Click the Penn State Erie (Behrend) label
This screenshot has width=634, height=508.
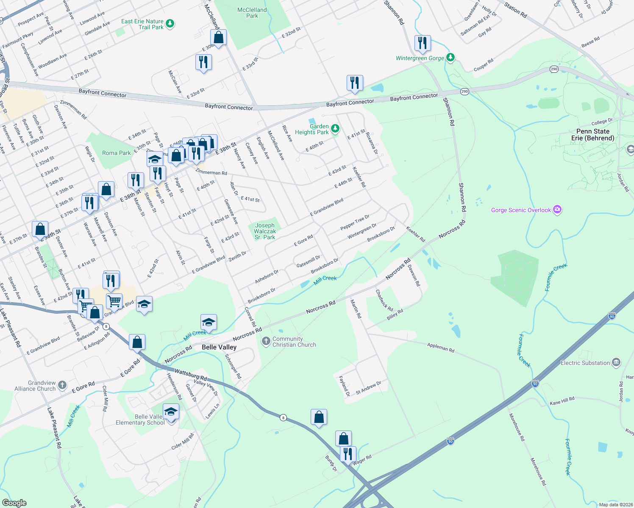click(592, 135)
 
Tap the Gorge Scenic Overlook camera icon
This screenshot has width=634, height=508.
click(557, 210)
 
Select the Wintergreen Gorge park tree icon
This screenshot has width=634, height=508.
click(450, 58)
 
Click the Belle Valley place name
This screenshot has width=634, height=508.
click(219, 347)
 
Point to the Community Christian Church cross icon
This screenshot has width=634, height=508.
click(266, 341)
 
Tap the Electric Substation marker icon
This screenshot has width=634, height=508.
click(616, 362)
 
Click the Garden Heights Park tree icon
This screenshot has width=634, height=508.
click(335, 129)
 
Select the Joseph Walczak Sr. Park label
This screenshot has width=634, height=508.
click(265, 231)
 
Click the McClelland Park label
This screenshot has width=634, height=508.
click(252, 13)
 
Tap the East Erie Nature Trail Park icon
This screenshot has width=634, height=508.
click(170, 23)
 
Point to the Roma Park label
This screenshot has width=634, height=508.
click(117, 153)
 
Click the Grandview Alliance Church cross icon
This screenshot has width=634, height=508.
click(62, 385)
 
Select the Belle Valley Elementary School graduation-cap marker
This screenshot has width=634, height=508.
click(171, 412)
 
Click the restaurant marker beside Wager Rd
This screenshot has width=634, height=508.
click(348, 454)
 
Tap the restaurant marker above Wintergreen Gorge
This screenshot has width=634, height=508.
click(423, 43)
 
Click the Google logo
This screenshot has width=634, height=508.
click(14, 502)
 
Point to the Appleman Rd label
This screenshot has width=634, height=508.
click(441, 348)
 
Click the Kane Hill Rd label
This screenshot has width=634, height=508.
click(562, 400)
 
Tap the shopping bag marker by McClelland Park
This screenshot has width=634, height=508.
click(219, 38)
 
